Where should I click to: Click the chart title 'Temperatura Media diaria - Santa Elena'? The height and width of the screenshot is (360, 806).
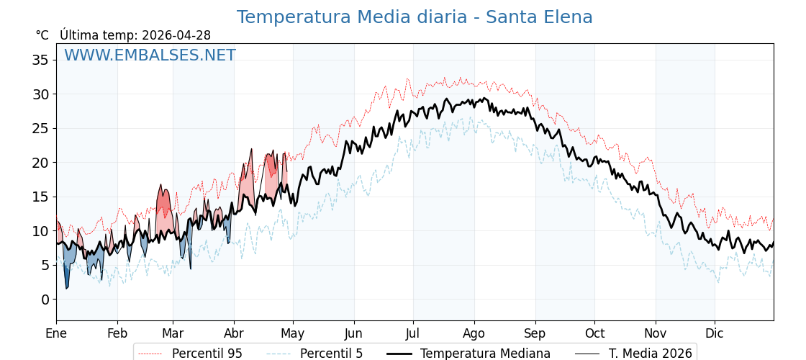[415, 17]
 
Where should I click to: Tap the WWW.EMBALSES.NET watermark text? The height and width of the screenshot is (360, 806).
[150, 55]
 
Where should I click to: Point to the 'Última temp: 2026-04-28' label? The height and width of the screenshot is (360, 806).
[135, 35]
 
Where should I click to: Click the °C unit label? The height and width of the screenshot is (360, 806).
[42, 35]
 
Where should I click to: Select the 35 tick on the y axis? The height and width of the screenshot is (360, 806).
[40, 60]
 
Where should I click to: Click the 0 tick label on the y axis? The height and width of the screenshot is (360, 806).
[45, 300]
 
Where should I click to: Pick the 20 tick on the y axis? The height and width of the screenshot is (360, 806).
[40, 163]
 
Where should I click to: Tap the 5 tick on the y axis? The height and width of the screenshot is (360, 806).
[45, 265]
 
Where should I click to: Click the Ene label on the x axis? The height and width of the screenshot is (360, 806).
[56, 334]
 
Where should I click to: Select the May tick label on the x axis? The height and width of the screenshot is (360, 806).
[293, 334]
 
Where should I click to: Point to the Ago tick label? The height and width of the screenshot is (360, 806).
[474, 334]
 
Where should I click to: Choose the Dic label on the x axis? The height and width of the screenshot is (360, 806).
[715, 334]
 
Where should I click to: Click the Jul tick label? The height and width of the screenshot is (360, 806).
[413, 334]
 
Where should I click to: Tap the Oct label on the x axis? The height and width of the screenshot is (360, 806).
[594, 334]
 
